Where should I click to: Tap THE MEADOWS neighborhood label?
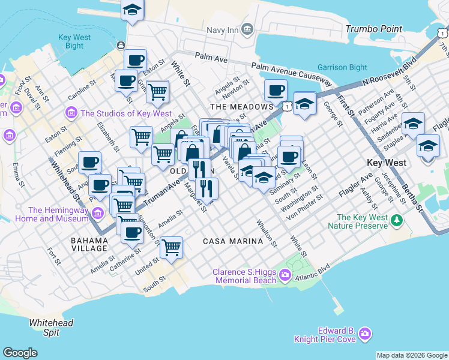242,106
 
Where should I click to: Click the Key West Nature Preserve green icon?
396,221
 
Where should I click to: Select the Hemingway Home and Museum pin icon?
95,211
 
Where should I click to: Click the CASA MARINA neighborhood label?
233,241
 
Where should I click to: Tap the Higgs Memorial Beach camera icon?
285,276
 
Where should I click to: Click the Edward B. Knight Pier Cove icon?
364,334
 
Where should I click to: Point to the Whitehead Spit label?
51,328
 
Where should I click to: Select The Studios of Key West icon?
72,113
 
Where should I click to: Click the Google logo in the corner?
20,353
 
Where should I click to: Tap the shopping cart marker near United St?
172,247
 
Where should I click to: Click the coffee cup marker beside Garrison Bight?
276,91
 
